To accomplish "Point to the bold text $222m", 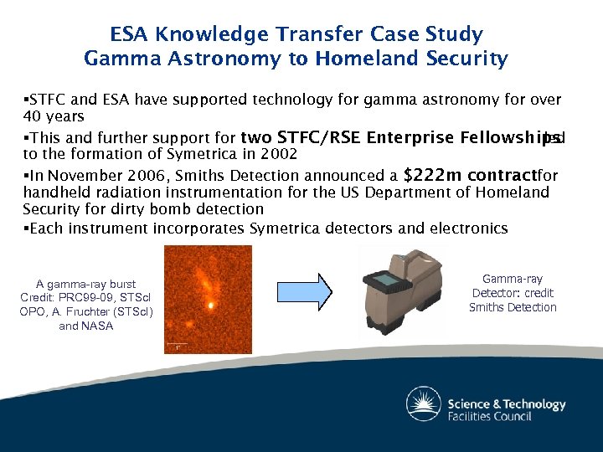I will click(430, 176).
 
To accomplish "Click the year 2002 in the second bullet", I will click(277, 154).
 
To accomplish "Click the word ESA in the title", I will click(130, 35).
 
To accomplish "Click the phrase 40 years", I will click(54, 116).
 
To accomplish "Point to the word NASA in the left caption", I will click(98, 326).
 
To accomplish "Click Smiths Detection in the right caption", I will click(513, 307).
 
